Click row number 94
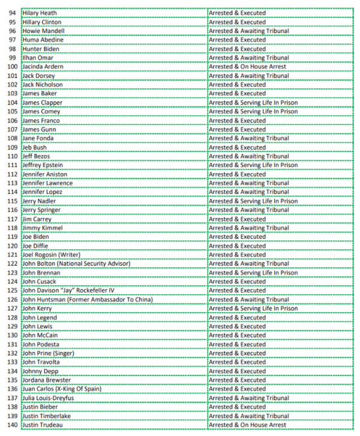click(x=13, y=13)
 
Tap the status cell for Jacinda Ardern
click(x=247, y=67)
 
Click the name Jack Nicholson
click(x=43, y=85)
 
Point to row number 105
click(x=11, y=111)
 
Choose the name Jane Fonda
click(x=38, y=138)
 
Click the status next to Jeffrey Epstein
click(x=253, y=165)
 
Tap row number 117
click(x=11, y=219)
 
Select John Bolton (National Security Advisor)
click(x=83, y=264)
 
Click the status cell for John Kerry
click(x=253, y=309)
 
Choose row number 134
click(x=11, y=371)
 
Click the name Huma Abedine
click(x=43, y=40)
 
